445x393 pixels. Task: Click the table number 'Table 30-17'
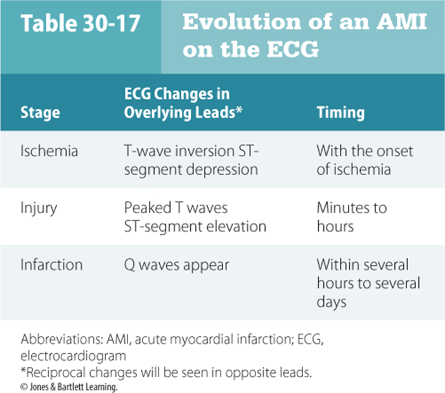tap(81, 23)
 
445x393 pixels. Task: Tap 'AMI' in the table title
tap(402, 22)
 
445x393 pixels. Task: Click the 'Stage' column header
tap(41, 113)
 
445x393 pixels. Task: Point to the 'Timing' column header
tap(340, 113)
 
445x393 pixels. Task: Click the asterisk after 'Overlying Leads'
tap(239, 109)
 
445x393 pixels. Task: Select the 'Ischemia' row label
tap(49, 151)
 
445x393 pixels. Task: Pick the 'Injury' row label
tap(39, 209)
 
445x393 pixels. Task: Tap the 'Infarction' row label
tap(51, 265)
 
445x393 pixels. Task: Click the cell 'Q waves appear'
tap(176, 266)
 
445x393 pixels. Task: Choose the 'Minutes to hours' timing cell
tap(352, 217)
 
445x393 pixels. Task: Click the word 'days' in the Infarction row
tap(332, 302)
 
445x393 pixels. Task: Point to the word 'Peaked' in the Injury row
tap(148, 208)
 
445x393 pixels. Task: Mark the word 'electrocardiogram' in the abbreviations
tap(74, 356)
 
